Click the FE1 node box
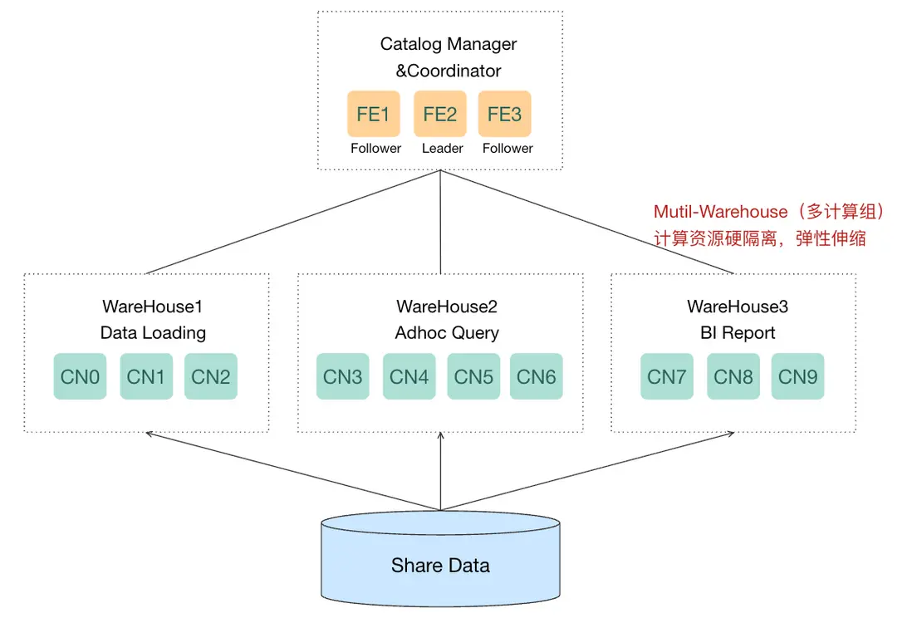point(373,114)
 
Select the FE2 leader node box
point(440,114)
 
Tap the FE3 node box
point(504,114)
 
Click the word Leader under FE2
point(442,149)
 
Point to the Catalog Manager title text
point(449,44)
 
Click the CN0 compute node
point(80,376)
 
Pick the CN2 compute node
point(210,376)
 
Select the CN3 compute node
point(342,376)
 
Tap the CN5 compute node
point(473,376)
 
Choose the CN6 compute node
point(536,376)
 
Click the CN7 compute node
point(666,376)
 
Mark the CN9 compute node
point(797,376)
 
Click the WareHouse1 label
point(152,307)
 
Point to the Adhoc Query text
point(447,333)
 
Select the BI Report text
point(738,333)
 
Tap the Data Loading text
point(153,333)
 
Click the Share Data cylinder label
point(440,566)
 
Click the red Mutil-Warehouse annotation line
point(768,212)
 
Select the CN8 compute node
point(733,376)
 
